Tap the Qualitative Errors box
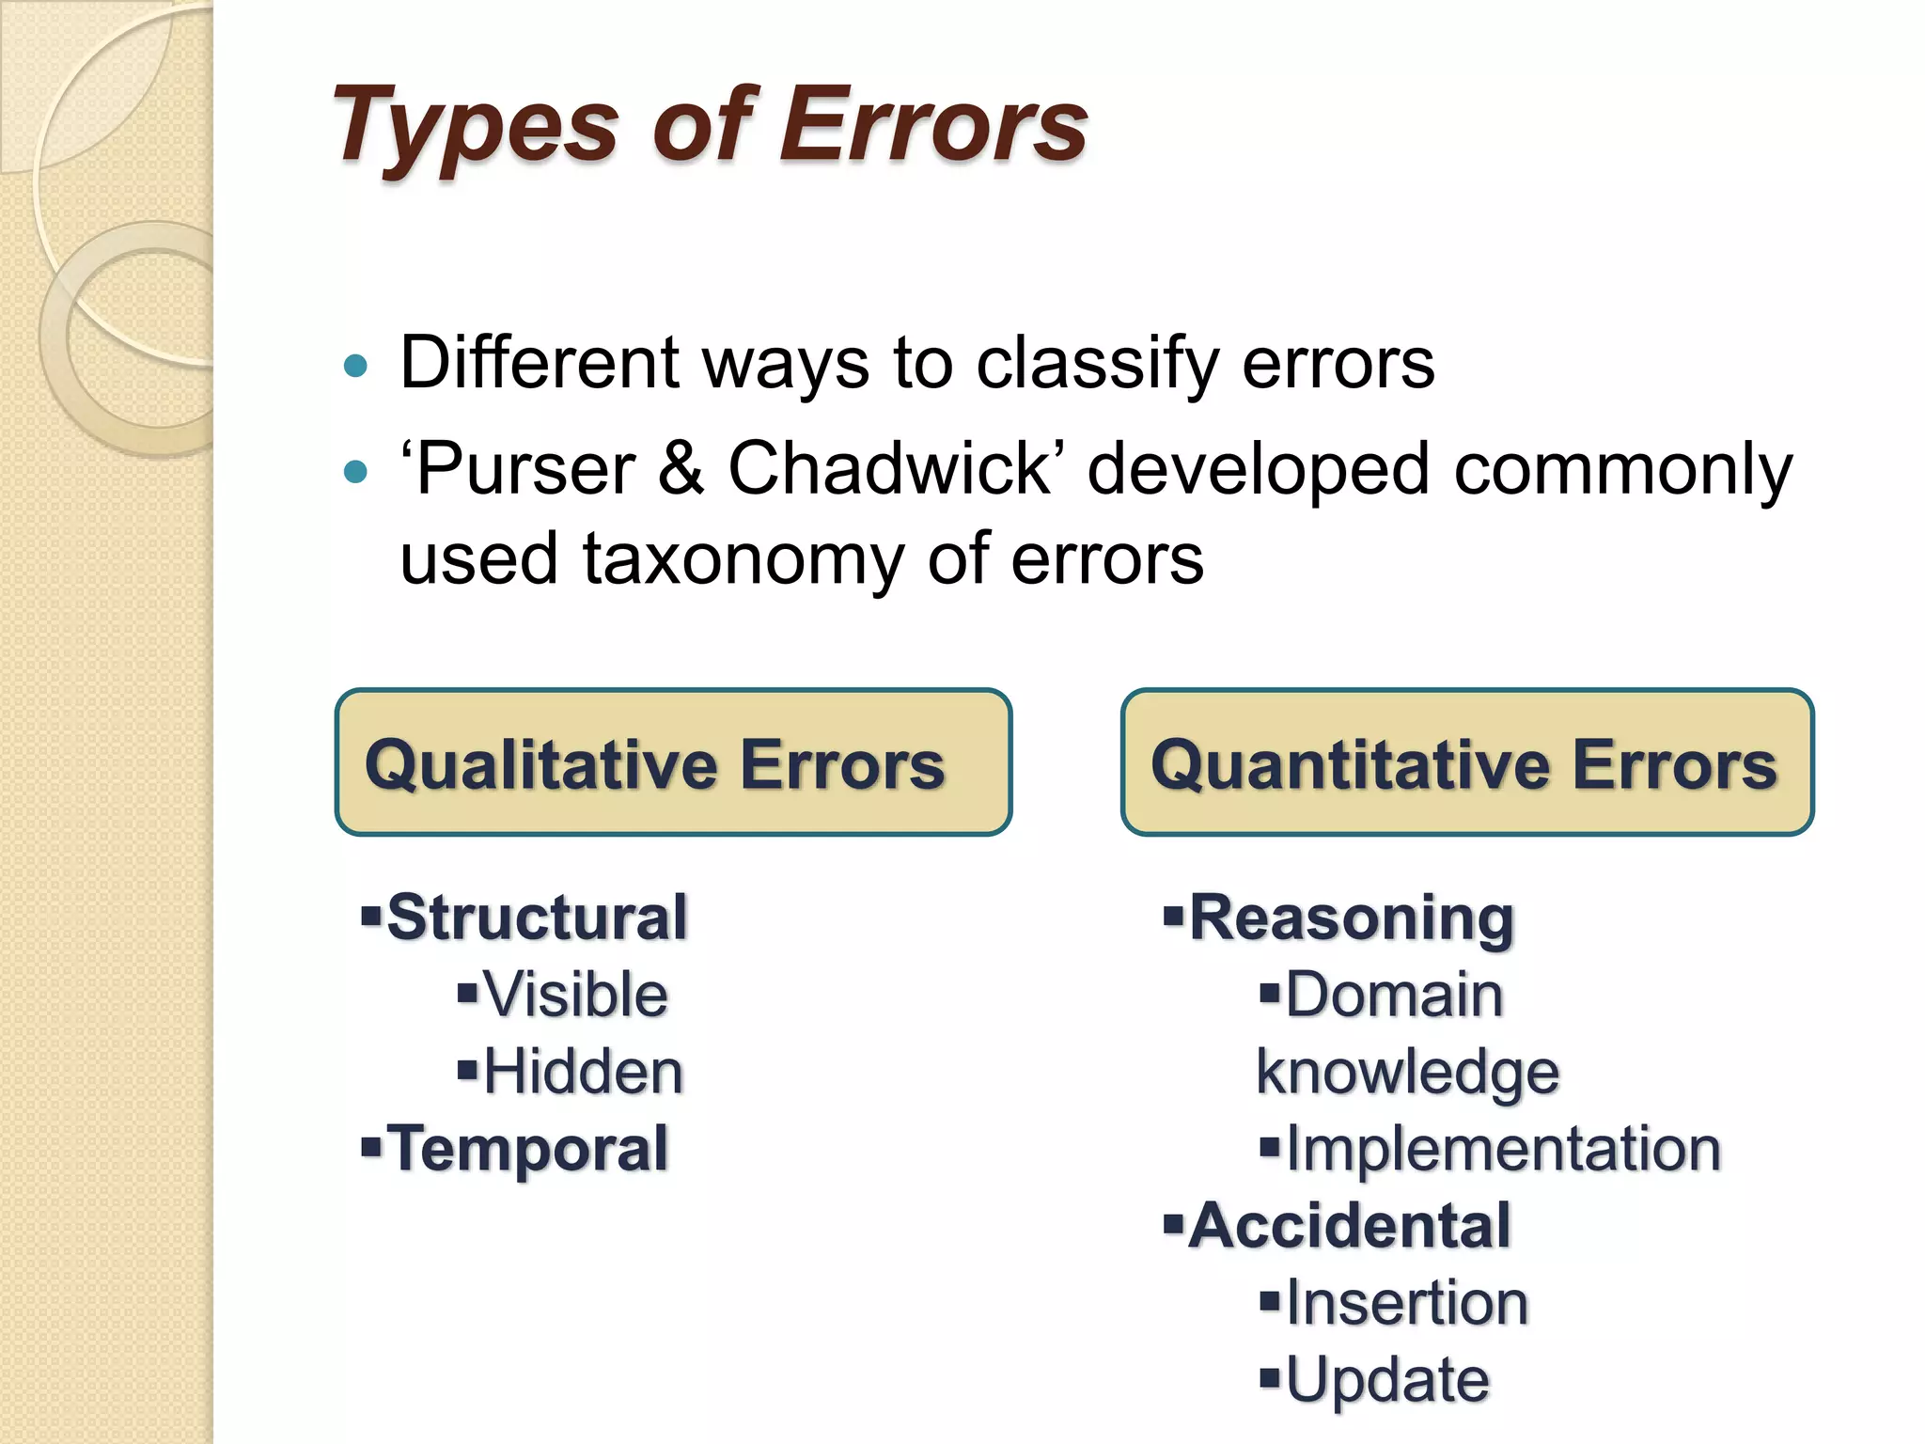pos(673,762)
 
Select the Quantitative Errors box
pos(1466,762)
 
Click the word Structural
pos(537,917)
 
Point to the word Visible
pos(575,995)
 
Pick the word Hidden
pos(583,1072)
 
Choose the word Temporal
pos(527,1149)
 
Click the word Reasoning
pos(1352,917)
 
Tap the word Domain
pos(1394,995)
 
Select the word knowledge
pos(1407,1072)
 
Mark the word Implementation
pos(1503,1149)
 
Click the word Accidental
pos(1350,1226)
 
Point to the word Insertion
pos(1407,1303)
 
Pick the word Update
pos(1387,1380)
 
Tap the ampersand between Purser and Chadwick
pos(681,468)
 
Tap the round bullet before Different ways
pos(355,366)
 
